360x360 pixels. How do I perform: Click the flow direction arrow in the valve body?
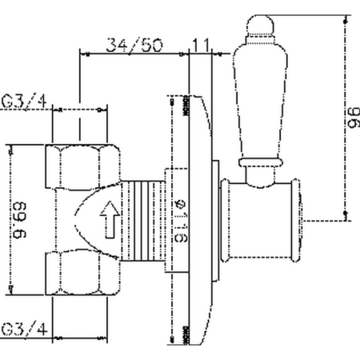[x=110, y=214]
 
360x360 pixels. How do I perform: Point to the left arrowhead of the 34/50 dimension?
[x=81, y=55]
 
